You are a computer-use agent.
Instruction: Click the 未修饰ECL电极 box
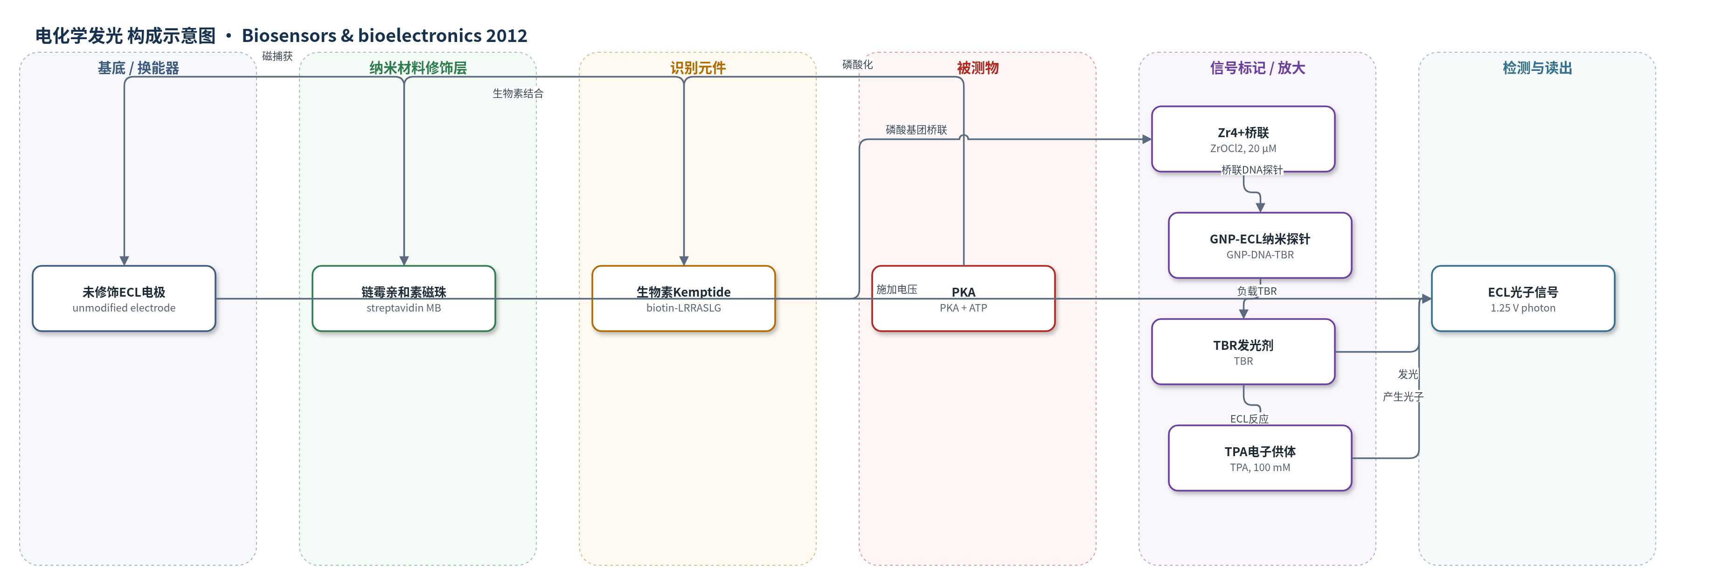[x=124, y=298]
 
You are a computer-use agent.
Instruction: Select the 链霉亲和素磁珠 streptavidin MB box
[x=404, y=298]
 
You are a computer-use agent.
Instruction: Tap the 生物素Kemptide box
[x=683, y=298]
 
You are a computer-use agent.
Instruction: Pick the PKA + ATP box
[x=963, y=298]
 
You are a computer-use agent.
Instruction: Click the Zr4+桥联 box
[x=1243, y=139]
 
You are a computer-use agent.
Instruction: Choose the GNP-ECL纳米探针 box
[x=1260, y=245]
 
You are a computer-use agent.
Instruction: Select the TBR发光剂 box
[x=1243, y=352]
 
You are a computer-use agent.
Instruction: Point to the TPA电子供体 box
[x=1260, y=458]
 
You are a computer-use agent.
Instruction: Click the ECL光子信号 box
[x=1523, y=298]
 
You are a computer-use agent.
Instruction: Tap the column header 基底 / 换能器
[x=139, y=68]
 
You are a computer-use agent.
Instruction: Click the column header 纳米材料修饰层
[x=418, y=68]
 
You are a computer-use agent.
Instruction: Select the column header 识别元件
[x=698, y=68]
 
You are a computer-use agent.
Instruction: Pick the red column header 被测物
[x=977, y=68]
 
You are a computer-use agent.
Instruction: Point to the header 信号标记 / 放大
[x=1257, y=68]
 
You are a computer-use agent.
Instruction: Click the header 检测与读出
[x=1537, y=68]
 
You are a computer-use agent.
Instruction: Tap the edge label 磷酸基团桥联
[x=917, y=130]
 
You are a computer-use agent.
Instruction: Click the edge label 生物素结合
[x=518, y=94]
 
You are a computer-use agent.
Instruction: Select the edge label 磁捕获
[x=278, y=56]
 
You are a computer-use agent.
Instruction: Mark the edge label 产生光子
[x=1403, y=397]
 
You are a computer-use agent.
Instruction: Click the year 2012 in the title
[x=507, y=35]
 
